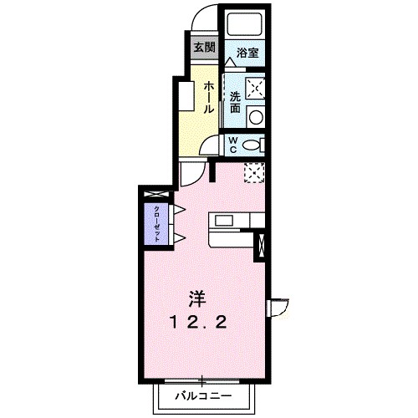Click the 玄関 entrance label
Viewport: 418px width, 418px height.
click(203, 47)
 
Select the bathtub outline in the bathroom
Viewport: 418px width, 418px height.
click(244, 23)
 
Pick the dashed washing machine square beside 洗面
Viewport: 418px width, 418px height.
click(257, 87)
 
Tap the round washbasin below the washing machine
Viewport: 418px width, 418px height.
click(257, 116)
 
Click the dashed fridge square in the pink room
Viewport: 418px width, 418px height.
click(253, 171)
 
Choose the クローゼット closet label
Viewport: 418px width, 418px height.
click(156, 222)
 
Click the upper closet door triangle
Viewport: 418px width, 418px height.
click(178, 208)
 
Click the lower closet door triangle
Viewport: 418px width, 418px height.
click(178, 238)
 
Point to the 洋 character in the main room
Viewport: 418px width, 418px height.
click(196, 298)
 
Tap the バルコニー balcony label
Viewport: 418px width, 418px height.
click(202, 393)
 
